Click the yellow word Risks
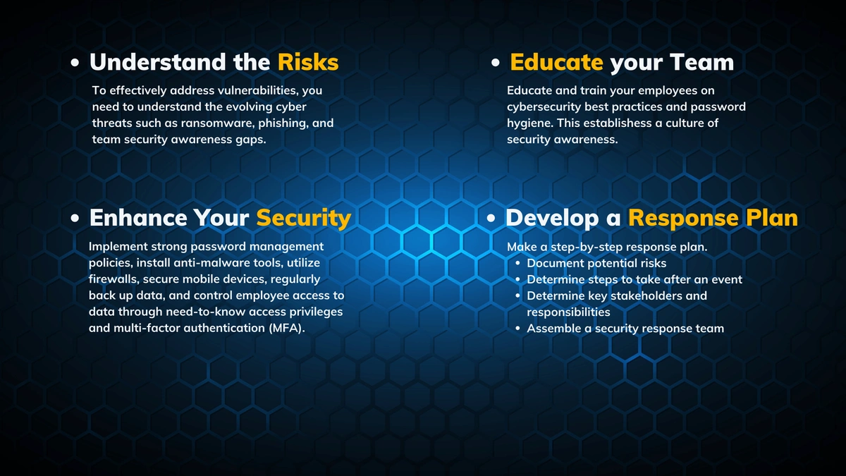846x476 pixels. (308, 62)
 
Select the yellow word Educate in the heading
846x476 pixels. (556, 62)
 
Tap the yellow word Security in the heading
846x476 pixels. (304, 219)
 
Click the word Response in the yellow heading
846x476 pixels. (683, 219)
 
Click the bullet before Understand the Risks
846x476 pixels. (75, 63)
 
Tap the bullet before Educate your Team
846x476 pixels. (495, 63)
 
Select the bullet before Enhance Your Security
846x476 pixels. (75, 219)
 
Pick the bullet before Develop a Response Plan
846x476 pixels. (491, 219)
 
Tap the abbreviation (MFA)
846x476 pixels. (287, 329)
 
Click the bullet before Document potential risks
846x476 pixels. (517, 263)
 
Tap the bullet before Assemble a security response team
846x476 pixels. (517, 329)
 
